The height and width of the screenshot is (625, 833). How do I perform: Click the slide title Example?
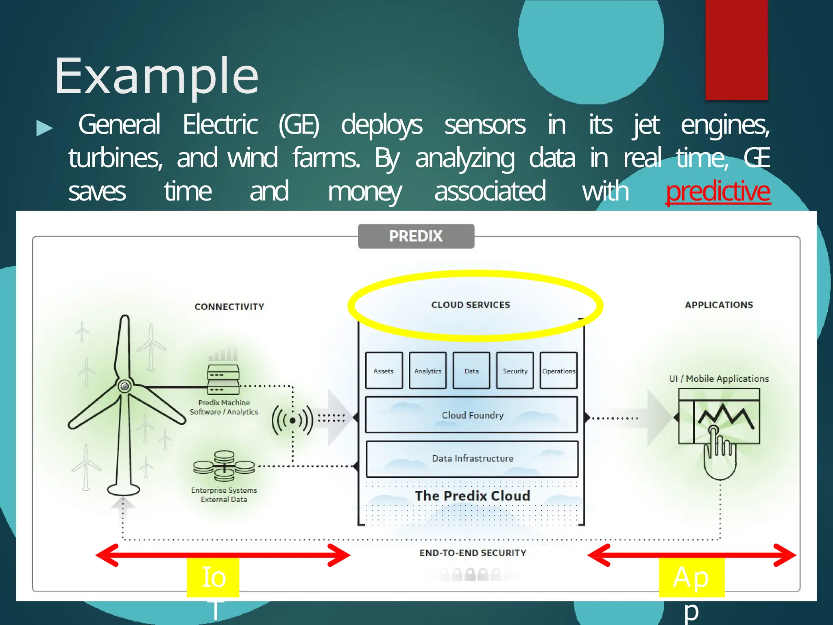[x=157, y=76]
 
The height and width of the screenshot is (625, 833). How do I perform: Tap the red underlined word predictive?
[x=718, y=191]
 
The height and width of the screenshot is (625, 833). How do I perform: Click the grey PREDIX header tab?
[x=416, y=236]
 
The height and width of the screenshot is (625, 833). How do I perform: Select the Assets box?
[x=384, y=371]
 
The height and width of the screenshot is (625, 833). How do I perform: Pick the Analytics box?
[x=427, y=371]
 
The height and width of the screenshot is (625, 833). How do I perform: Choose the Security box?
[x=515, y=371]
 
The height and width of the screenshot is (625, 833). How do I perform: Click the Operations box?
[x=558, y=371]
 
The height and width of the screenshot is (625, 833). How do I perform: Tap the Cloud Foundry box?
[x=471, y=415]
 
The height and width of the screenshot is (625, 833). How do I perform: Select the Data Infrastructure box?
[x=472, y=459]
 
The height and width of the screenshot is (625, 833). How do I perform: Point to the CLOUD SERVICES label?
[x=471, y=305]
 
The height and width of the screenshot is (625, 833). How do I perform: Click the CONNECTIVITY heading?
[x=229, y=307]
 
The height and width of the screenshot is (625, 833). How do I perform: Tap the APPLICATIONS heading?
[x=719, y=305]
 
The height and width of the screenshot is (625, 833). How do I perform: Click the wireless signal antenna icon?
[x=292, y=420]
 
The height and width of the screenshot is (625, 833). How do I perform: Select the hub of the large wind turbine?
[x=124, y=386]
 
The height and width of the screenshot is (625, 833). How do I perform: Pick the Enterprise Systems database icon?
[x=224, y=466]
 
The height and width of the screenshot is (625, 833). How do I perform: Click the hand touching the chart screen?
[x=719, y=454]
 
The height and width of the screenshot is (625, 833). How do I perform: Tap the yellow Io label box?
[x=213, y=577]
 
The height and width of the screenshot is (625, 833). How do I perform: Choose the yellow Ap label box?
[x=691, y=577]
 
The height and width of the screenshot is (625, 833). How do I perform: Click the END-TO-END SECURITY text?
[x=473, y=553]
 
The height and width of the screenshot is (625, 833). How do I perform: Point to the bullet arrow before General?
[x=44, y=128]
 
